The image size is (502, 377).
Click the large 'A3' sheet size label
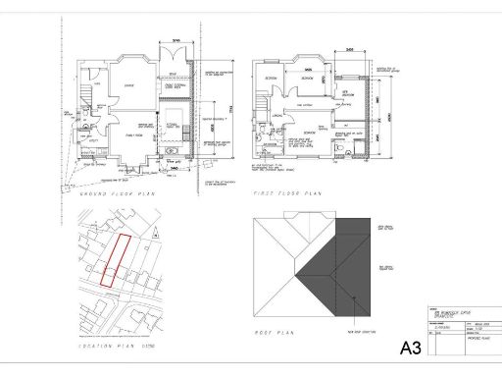415,348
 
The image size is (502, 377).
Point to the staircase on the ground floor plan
85,98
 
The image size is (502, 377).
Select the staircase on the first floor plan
262,103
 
